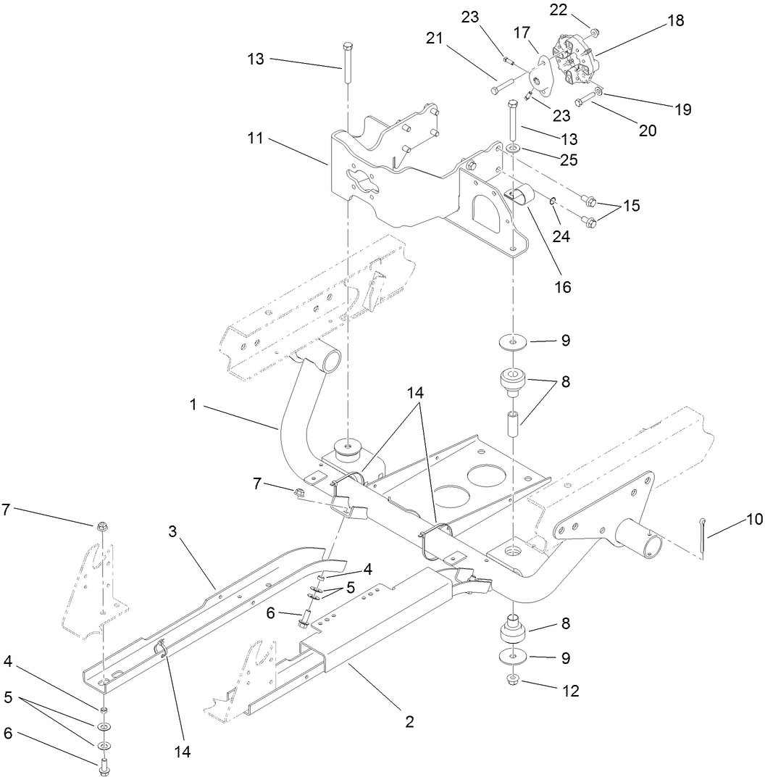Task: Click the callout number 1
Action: coord(193,405)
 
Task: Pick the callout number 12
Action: coord(571,691)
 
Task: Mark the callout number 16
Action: coord(562,286)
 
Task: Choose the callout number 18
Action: coord(675,21)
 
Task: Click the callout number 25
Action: coord(568,160)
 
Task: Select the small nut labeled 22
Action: coord(593,32)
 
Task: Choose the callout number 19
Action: coord(682,110)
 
